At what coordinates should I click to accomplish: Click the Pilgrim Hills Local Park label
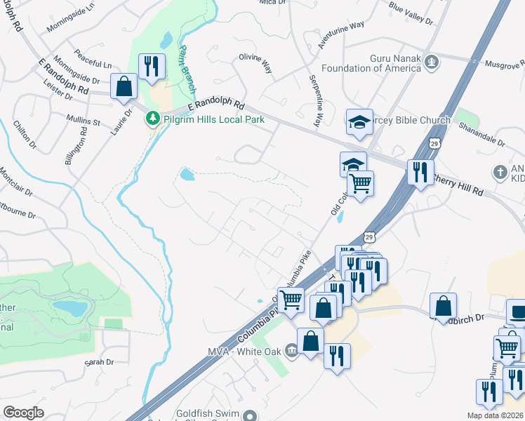[213, 119]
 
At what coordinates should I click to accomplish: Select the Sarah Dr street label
[99, 362]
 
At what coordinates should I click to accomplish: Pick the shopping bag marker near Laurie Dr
[124, 87]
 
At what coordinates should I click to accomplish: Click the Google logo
[23, 413]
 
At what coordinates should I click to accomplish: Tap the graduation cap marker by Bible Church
[360, 121]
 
